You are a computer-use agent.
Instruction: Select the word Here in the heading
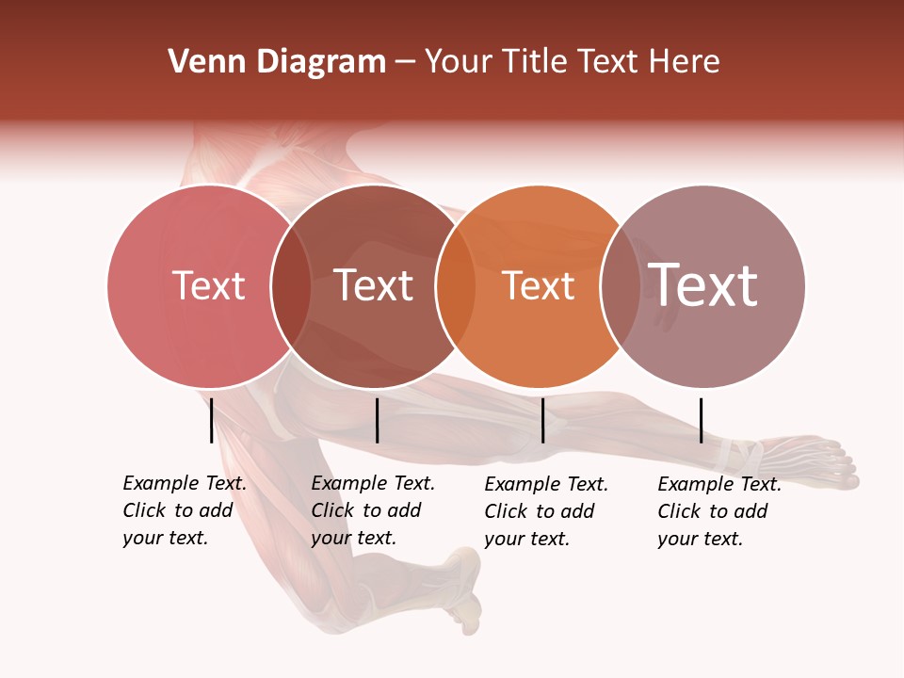(686, 62)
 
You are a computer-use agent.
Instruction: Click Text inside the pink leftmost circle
(208, 285)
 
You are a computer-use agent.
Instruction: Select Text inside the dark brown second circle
(374, 285)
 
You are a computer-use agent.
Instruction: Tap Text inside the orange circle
(538, 285)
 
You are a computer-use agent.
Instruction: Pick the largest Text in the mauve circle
(702, 285)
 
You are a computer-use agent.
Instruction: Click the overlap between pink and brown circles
(291, 285)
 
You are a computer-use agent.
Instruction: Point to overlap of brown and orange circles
(456, 285)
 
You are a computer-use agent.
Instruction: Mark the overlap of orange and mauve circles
(621, 285)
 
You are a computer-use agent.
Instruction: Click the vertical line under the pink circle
(211, 420)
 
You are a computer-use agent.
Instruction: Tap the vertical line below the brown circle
(377, 420)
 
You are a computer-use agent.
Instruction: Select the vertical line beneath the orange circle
(542, 420)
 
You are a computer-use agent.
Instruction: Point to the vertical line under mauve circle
(701, 420)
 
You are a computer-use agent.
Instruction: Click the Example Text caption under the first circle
(185, 510)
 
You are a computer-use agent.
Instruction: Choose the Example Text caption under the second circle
(373, 510)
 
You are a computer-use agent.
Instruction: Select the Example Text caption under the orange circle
(546, 511)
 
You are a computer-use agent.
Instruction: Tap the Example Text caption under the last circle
(719, 511)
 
